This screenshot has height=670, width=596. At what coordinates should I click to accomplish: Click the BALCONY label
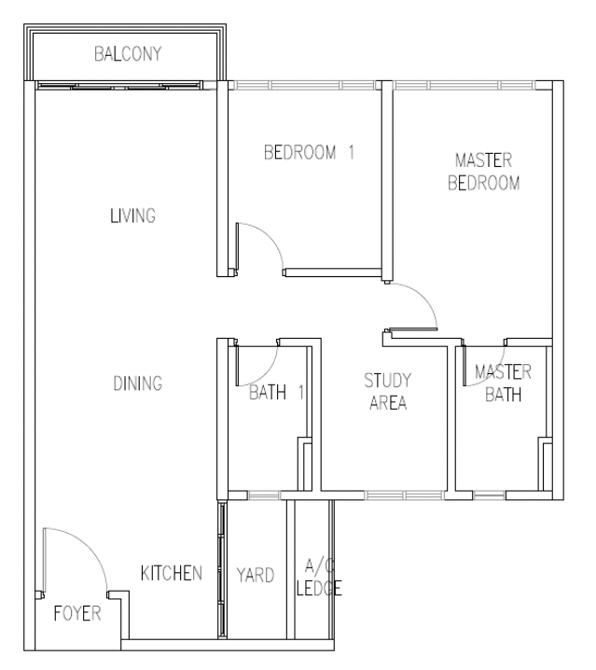click(x=128, y=54)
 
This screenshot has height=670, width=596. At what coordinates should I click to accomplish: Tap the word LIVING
click(x=132, y=216)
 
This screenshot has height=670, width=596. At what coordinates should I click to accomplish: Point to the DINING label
click(x=137, y=384)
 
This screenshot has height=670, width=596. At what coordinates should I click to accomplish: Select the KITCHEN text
click(x=172, y=574)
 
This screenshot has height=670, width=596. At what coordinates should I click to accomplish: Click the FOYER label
click(x=77, y=614)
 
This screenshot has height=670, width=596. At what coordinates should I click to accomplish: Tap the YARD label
click(x=256, y=575)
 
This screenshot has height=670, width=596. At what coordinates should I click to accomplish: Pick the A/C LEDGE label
click(x=319, y=578)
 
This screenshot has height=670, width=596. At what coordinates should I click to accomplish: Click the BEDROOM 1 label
click(x=309, y=152)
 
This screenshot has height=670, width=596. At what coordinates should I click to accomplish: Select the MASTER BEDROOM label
click(x=484, y=172)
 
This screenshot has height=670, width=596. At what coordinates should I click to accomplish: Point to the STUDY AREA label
click(x=388, y=391)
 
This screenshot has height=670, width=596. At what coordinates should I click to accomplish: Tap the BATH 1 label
click(x=276, y=392)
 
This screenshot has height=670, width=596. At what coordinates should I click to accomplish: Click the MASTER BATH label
click(x=504, y=384)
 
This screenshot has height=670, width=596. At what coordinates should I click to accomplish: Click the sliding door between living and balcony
click(x=118, y=86)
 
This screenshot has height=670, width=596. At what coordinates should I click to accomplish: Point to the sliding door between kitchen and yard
click(x=222, y=570)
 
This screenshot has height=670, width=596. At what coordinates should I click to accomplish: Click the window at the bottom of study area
click(x=404, y=496)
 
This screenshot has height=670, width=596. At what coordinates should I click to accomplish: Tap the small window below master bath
click(x=489, y=496)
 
